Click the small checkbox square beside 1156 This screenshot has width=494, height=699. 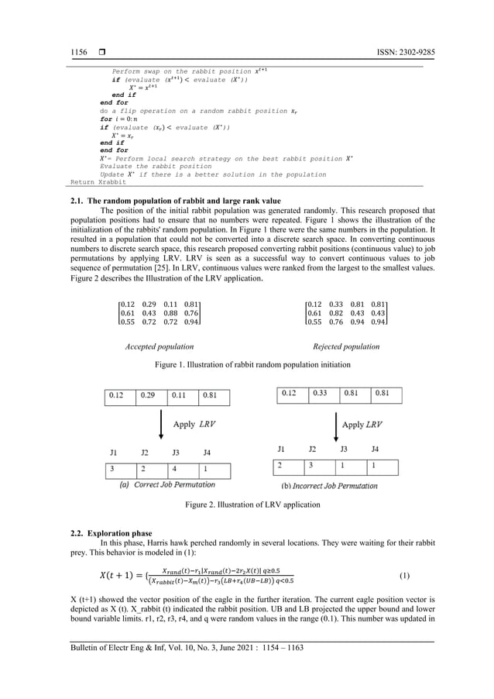click(101, 52)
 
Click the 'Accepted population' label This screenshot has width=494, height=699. click(160, 346)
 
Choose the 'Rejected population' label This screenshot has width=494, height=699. click(346, 346)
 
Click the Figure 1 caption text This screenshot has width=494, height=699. click(252, 364)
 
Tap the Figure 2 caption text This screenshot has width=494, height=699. click(252, 504)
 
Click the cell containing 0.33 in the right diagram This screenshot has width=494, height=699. click(321, 394)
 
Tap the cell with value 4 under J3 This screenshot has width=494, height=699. click(181, 469)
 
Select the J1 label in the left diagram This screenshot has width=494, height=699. click(113, 451)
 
